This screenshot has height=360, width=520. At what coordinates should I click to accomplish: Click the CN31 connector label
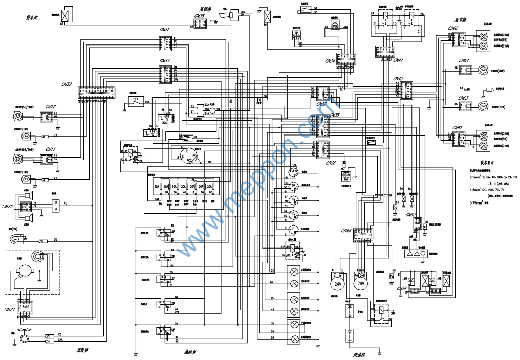(x=164, y=29)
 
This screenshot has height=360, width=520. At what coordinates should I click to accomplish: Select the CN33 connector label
(x=164, y=61)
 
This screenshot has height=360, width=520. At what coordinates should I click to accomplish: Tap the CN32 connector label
(x=67, y=84)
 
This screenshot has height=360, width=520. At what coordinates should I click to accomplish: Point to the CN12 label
(x=51, y=107)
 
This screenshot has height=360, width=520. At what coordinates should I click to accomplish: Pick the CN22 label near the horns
(x=8, y=207)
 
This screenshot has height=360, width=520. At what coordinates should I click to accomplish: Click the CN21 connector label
(x=10, y=309)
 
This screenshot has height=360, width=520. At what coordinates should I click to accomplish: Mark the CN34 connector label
(x=330, y=61)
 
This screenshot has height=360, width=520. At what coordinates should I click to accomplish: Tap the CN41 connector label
(x=398, y=60)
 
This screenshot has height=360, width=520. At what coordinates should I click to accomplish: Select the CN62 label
(x=453, y=29)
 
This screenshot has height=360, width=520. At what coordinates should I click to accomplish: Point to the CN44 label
(x=346, y=231)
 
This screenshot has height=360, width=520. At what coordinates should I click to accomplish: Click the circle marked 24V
(x=338, y=283)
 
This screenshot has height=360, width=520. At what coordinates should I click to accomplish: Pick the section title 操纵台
(x=190, y=352)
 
